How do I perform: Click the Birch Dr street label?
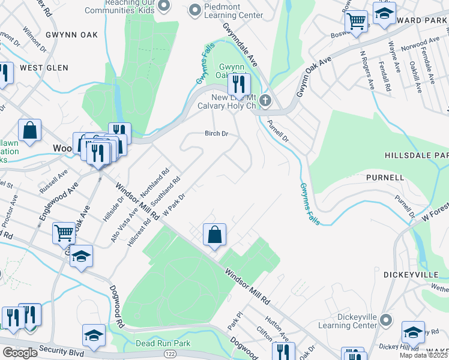coord(217,134)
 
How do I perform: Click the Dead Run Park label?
coord(163,343)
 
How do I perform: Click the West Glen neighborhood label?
coord(44,68)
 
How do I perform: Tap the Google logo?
coord(20,352)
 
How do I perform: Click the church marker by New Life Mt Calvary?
coord(265,100)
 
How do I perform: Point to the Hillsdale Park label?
coord(416,155)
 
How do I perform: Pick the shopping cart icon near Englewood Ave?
coord(64,232)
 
